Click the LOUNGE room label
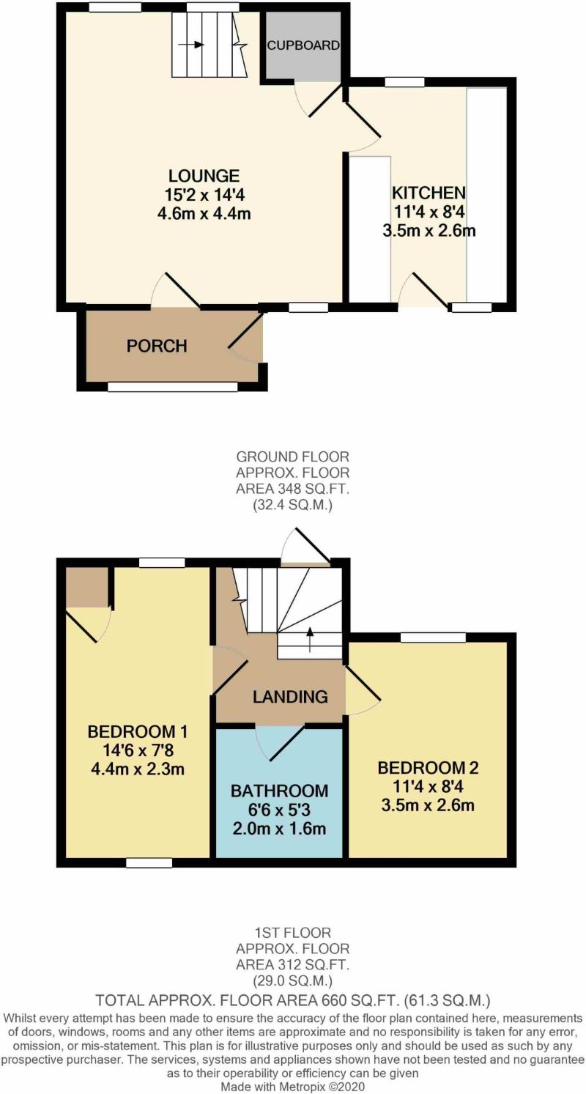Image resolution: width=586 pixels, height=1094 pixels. pyautogui.click(x=204, y=176)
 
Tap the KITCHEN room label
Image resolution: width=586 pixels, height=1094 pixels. pyautogui.click(x=429, y=193)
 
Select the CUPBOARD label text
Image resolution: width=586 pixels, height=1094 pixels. pyautogui.click(x=303, y=45)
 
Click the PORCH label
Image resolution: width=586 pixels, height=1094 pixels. pyautogui.click(x=157, y=346)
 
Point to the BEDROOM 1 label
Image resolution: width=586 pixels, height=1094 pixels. pyautogui.click(x=138, y=731)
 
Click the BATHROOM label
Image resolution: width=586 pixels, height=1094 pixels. pyautogui.click(x=279, y=791)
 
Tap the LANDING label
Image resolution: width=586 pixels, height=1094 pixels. pyautogui.click(x=290, y=697)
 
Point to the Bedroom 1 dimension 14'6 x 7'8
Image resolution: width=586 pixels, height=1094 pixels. pyautogui.click(x=138, y=750)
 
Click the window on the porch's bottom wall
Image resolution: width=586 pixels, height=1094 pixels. pyautogui.click(x=172, y=386)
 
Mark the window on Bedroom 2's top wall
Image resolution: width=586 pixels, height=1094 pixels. pyautogui.click(x=432, y=637)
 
